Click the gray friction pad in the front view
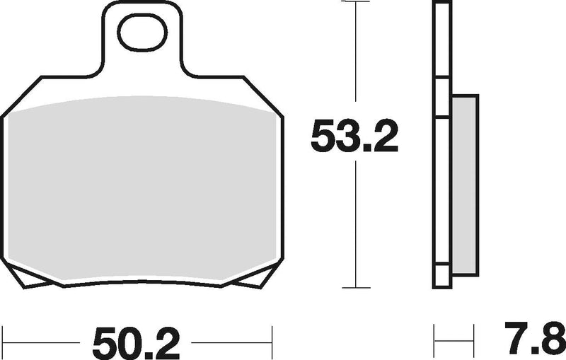coord(141,191)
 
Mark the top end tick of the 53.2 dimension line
coord(357,3)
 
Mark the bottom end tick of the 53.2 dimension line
coord(357,287)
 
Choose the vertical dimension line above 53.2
coord(357,57)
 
